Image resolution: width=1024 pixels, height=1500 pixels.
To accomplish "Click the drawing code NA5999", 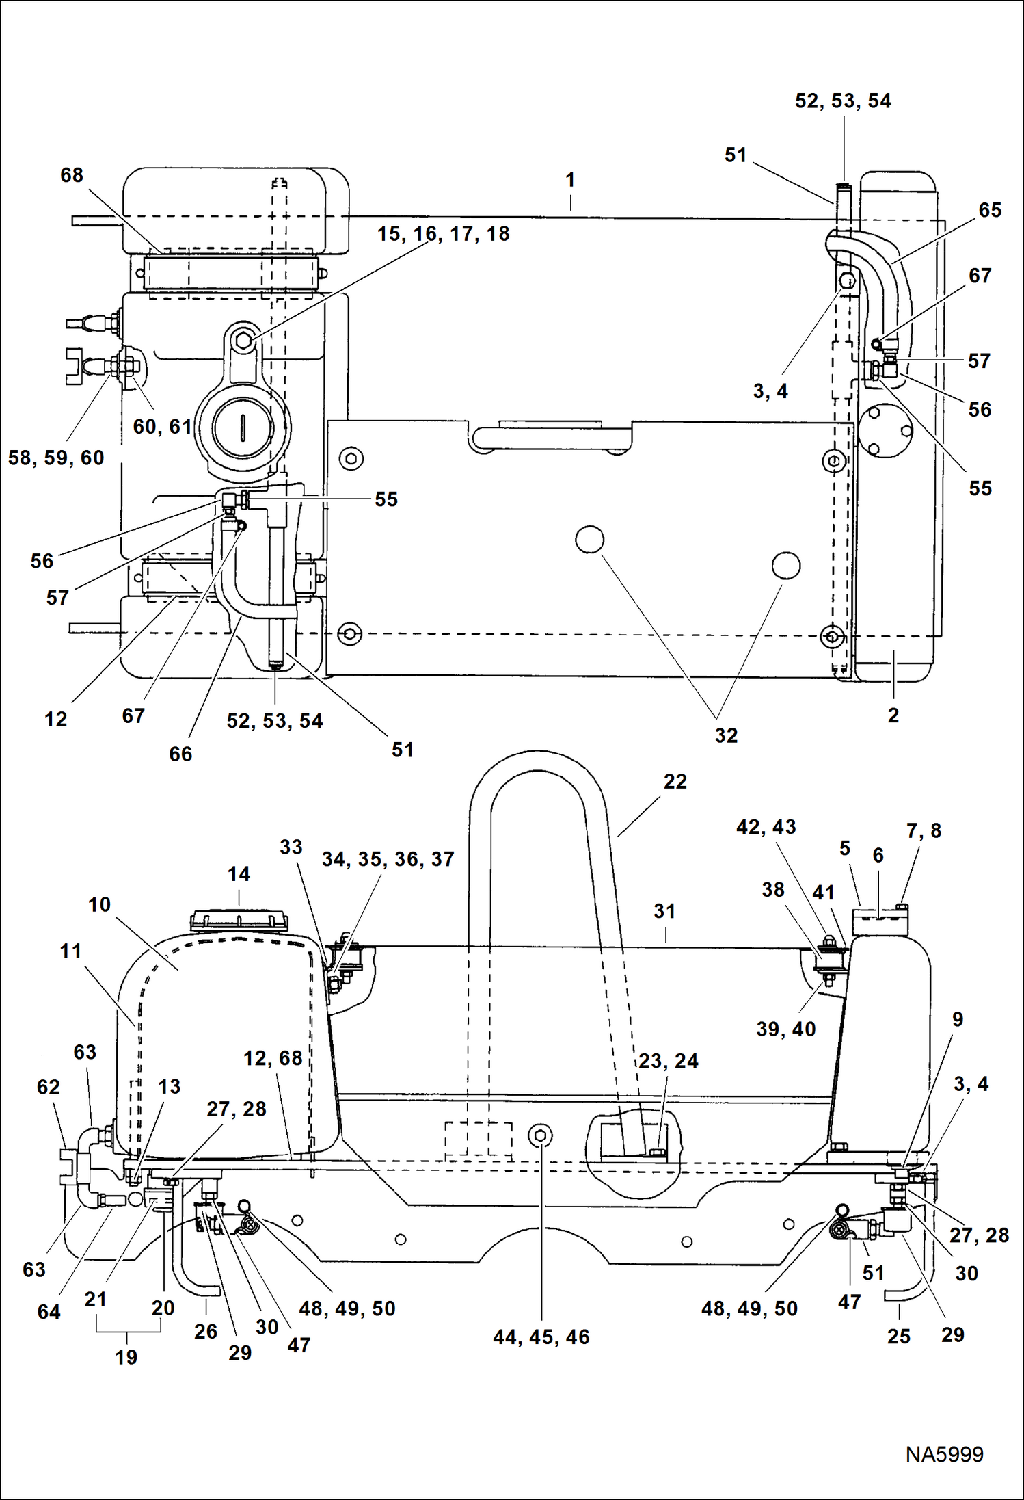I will coord(944,1453).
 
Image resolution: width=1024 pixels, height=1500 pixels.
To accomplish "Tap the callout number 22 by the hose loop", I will coord(675,781).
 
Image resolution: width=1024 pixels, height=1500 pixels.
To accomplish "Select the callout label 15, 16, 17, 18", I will coord(443,234).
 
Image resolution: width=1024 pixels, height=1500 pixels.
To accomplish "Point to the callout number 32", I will coord(726,735).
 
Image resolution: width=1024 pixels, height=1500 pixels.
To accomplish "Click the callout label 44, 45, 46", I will coord(541,1337).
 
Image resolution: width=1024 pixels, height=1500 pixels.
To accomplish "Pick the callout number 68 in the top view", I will coord(72,175).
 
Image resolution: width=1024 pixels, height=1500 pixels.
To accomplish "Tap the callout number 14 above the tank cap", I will coord(239,873).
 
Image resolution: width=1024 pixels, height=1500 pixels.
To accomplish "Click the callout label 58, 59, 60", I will coord(56,458).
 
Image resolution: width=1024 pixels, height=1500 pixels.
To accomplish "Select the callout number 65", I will coord(990,210).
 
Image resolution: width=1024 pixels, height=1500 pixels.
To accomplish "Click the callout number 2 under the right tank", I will coord(893,715).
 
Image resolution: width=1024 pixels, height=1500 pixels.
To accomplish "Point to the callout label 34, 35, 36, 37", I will coord(388,859).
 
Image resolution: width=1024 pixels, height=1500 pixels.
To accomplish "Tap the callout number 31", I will coord(664,910).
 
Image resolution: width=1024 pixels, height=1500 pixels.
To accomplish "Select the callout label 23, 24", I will coord(668,1061).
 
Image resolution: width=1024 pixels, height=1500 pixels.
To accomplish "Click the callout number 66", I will coord(180,754).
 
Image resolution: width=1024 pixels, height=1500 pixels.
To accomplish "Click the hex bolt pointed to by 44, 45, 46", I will coord(541,1136).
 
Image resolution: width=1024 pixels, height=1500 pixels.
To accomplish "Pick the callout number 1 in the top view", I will coord(570,180).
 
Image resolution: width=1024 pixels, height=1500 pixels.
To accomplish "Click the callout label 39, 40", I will coord(785,1029).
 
